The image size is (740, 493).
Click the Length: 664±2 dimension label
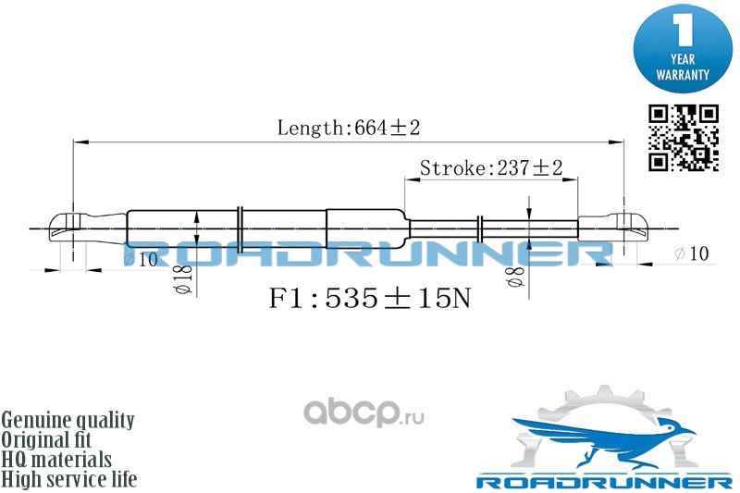[349, 128]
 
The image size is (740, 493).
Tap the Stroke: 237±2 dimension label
[491, 168]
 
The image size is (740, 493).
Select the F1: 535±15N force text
[369, 298]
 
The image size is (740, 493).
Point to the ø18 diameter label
[183, 279]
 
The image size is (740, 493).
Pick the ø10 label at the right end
[691, 253]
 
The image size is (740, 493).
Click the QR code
[684, 138]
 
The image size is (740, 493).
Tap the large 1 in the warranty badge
[683, 29]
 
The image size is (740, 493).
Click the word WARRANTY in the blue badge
[683, 75]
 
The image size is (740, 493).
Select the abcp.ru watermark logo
[364, 413]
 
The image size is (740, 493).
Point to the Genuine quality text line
[68, 420]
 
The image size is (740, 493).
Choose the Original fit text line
[46, 439]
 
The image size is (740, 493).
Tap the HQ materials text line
[56, 460]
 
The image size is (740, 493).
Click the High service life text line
[69, 479]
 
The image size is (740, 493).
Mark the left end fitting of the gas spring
[88, 228]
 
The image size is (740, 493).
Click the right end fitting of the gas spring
[612, 228]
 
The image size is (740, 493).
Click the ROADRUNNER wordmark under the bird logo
[604, 483]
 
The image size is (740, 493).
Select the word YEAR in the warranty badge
[683, 59]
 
